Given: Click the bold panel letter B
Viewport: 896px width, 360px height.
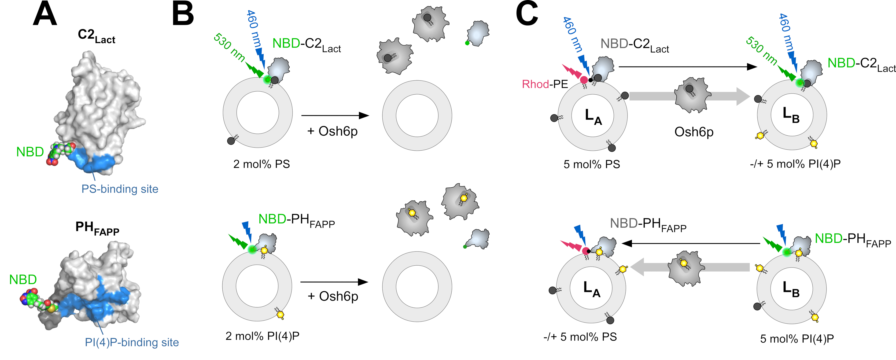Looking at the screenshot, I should [x=183, y=15].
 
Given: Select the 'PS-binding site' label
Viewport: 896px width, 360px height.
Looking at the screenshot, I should [x=120, y=189].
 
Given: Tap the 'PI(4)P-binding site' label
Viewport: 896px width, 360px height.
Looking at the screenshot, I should [x=132, y=342].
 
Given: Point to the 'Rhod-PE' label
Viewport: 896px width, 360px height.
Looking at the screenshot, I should [x=545, y=84].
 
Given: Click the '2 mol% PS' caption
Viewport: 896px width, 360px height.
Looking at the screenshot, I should [x=261, y=164].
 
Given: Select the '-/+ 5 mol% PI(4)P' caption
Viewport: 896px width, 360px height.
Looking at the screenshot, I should [x=795, y=164].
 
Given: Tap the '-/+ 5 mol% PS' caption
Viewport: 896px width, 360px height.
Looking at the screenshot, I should [x=580, y=337].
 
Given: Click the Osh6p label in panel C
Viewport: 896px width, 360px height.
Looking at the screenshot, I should [x=694, y=132].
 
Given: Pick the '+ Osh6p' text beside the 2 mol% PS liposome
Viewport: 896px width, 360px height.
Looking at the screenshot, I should [x=332, y=131].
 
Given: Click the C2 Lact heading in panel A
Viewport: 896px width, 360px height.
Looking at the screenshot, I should [x=96, y=36].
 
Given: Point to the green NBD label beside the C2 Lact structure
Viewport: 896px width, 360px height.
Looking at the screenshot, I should [x=30, y=152].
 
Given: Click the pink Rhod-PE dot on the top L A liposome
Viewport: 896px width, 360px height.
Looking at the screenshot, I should [x=584, y=80].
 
